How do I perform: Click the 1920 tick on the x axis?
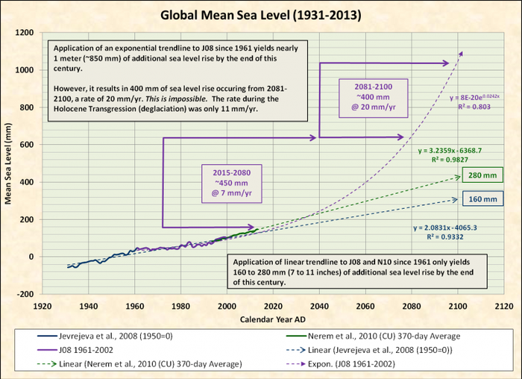[x=42, y=305]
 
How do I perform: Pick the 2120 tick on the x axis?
[x=504, y=305]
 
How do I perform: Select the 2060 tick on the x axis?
[x=365, y=305]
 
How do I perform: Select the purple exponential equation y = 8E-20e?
[x=478, y=97]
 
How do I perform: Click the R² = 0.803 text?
[x=472, y=107]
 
